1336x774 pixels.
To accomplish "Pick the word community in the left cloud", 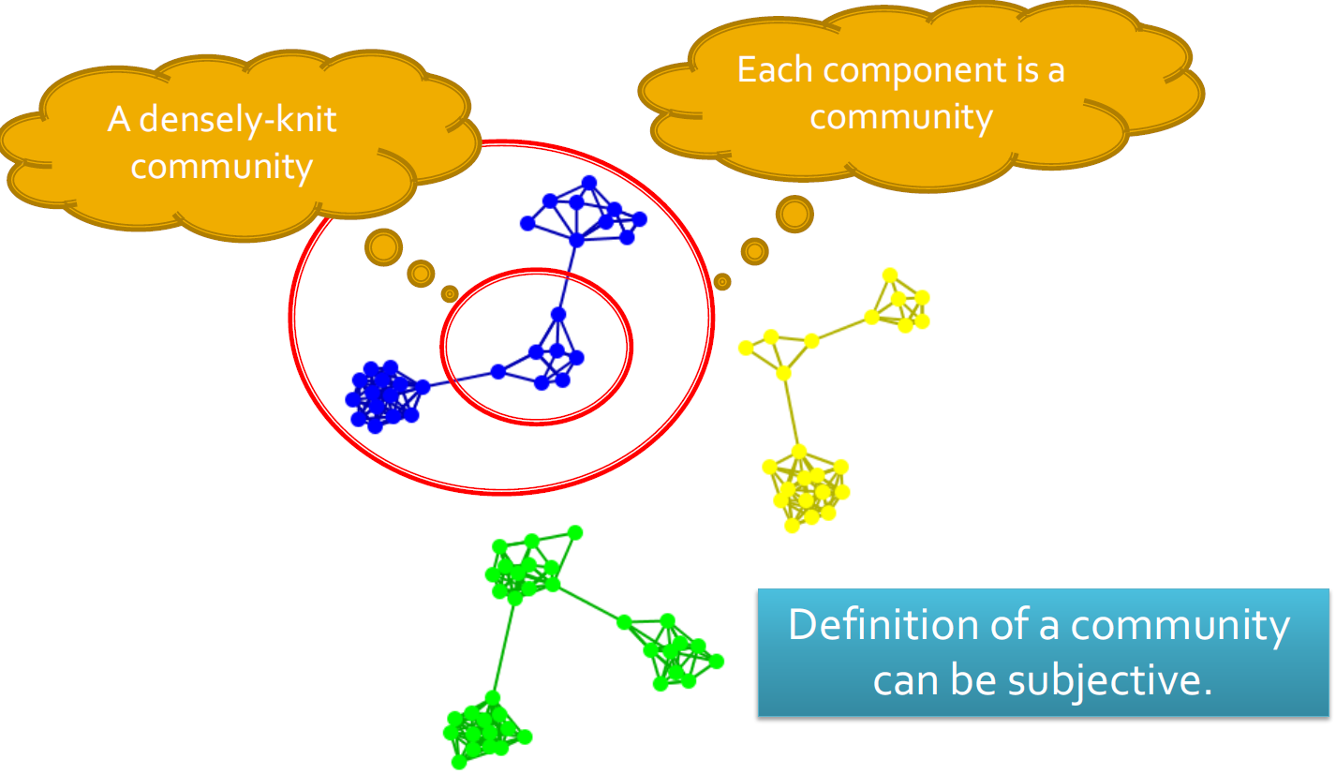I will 221,167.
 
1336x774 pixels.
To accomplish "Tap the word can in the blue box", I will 904,680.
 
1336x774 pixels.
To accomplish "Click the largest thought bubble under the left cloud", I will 382,247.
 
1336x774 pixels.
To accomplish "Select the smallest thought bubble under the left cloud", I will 450,294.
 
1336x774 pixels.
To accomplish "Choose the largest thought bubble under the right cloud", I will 794,215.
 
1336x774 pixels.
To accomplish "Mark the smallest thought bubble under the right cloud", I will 721,280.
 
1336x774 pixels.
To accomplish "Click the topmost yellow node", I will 890,275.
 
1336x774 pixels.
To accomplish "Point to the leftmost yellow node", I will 746,349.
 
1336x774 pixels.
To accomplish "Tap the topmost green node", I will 575,532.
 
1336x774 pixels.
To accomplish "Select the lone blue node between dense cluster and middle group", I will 498,372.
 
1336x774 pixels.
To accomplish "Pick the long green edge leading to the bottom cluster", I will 502,647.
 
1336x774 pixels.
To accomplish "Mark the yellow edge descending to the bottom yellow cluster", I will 792,412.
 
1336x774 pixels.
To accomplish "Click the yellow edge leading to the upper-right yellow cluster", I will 841,329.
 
